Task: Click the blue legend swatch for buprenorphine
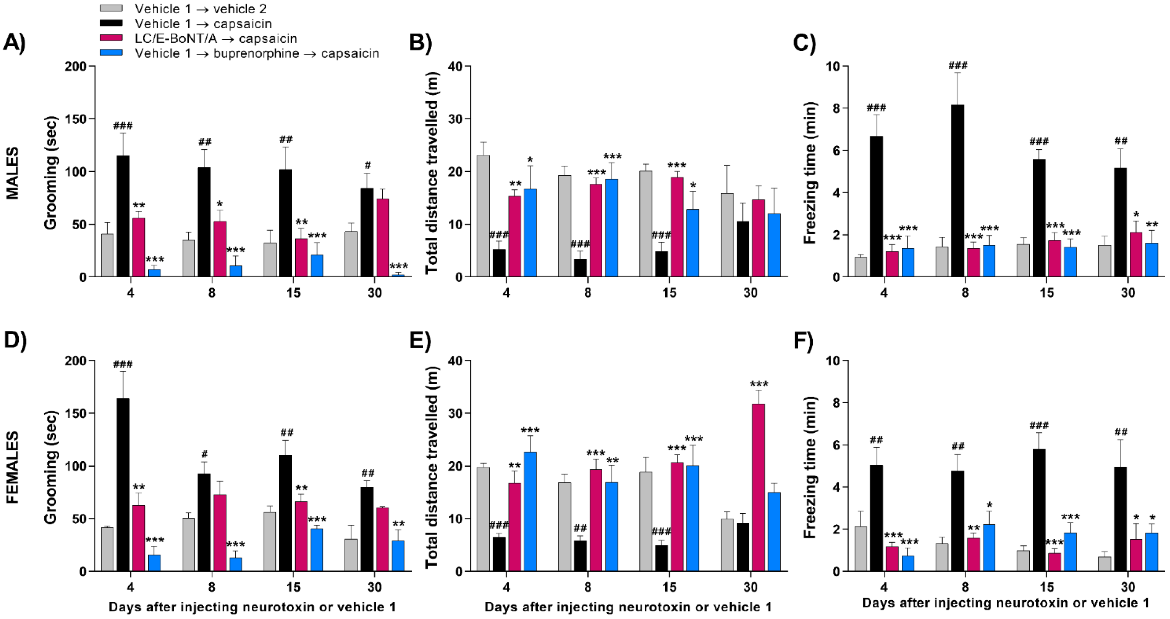111,53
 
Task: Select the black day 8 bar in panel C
957,191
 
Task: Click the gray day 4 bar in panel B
483,216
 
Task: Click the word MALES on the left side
13,172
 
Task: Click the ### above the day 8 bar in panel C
957,65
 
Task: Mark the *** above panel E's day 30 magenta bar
759,385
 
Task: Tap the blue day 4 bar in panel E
530,511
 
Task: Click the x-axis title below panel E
628,607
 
